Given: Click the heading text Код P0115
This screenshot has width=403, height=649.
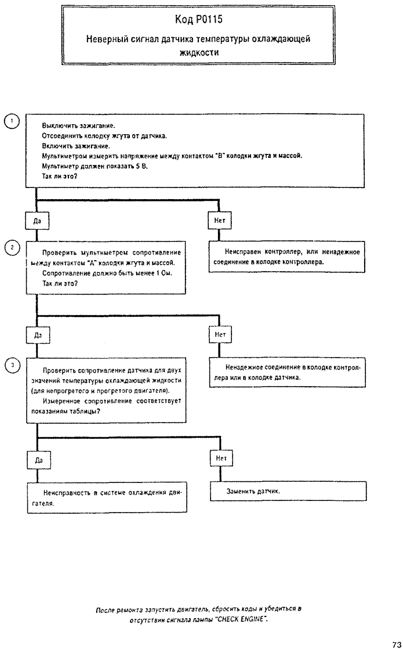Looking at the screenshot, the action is (x=199, y=20).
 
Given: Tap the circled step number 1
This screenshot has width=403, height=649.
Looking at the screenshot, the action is (x=12, y=121).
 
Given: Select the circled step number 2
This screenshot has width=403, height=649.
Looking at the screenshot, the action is (x=12, y=247).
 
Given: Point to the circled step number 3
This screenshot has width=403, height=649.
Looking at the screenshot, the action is (x=13, y=365).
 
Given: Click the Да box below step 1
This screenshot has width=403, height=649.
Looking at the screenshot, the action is (x=37, y=221).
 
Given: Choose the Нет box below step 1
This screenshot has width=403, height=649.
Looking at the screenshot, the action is (x=220, y=221).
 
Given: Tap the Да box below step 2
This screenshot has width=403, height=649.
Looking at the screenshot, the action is (x=38, y=335).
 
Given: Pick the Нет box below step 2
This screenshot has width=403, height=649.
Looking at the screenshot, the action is (x=220, y=334).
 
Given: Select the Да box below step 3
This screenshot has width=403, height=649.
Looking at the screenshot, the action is (x=39, y=460).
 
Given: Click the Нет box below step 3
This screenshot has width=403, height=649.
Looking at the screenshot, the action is (x=221, y=458).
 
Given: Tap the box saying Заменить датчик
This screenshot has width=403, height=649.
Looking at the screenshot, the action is (x=288, y=491).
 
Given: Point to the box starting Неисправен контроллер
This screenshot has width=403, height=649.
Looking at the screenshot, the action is (x=287, y=257).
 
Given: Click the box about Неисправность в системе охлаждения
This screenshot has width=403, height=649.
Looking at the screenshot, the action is (x=107, y=497).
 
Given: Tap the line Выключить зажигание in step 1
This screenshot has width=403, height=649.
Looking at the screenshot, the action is (x=78, y=125).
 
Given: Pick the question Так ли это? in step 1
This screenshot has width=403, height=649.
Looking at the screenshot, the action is (x=60, y=176).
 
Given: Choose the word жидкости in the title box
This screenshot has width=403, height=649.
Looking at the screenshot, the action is (x=199, y=53).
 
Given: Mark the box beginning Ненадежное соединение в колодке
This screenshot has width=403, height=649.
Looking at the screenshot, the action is (x=287, y=373).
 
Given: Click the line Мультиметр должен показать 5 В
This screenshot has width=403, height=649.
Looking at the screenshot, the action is (x=95, y=166).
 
